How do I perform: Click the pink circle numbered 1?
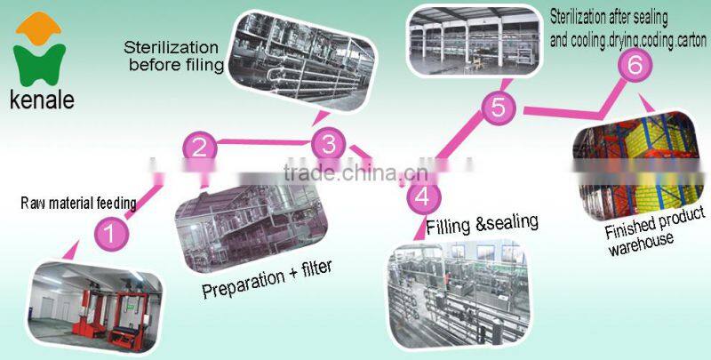pos(111,234)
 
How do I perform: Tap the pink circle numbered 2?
pos(199,148)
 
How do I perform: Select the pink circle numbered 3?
pos(328,145)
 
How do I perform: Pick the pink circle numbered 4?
pos(423,196)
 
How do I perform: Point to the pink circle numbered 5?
pos(499,108)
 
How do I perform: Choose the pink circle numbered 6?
pos(635,65)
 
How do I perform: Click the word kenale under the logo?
pos(42,100)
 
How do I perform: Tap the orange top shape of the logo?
pos(38,28)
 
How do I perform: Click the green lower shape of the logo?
pos(39,65)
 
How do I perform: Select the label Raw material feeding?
pos(78,204)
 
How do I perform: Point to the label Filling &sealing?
pos(483,224)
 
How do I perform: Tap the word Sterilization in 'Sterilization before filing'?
pos(171,48)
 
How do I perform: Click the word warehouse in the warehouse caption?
pos(641,244)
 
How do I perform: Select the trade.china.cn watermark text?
pos(355,172)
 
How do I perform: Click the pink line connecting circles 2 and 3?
pos(264,142)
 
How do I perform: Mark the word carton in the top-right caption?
pos(691,41)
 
